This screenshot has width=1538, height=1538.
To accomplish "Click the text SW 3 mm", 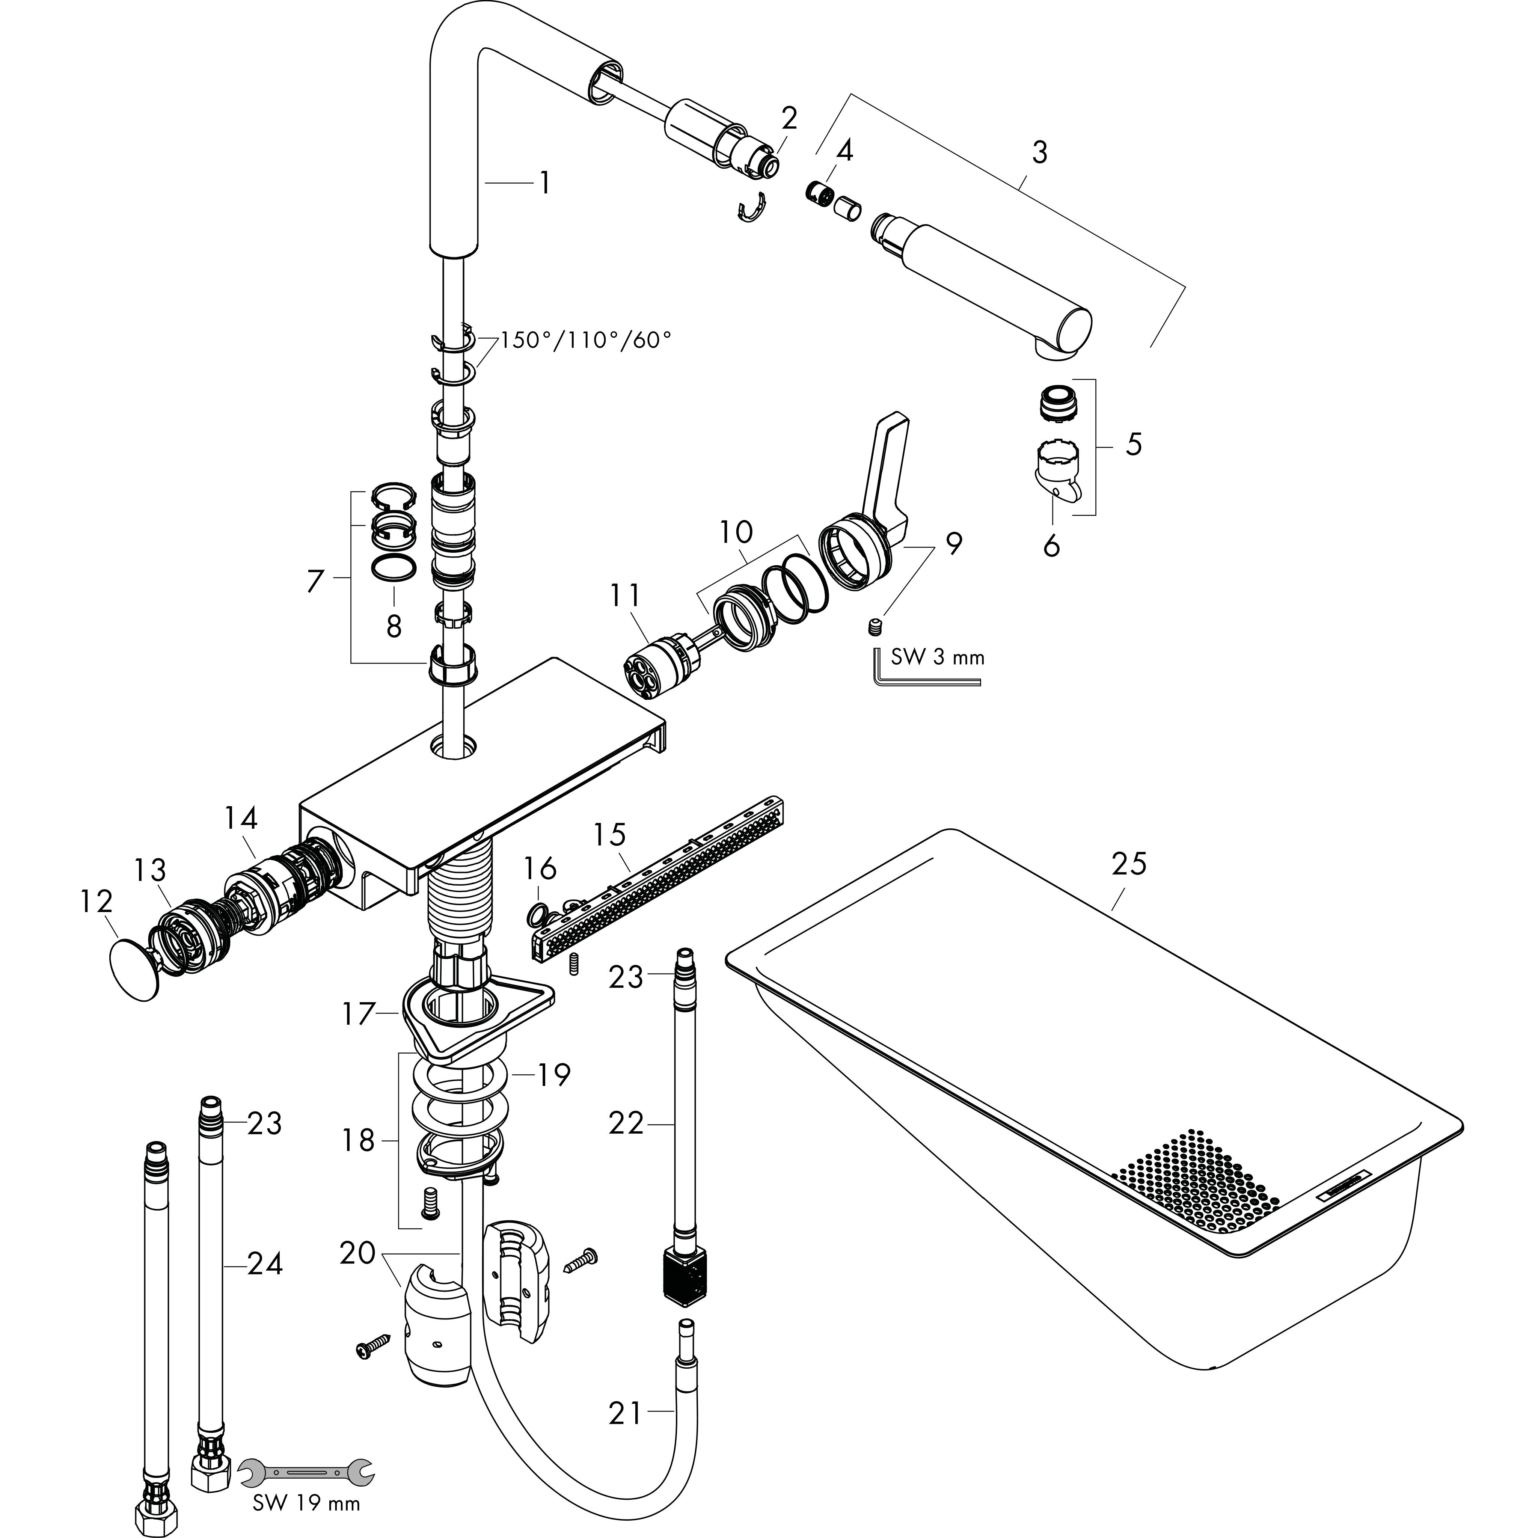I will (x=937, y=657).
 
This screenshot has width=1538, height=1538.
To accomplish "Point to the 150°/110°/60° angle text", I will (x=585, y=341).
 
